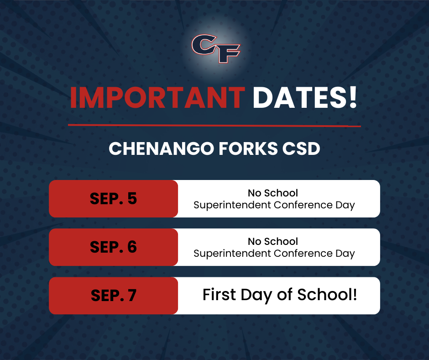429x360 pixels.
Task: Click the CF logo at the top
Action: [x=216, y=48]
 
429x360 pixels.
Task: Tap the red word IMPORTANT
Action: [x=157, y=98]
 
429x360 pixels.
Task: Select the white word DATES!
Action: [x=305, y=98]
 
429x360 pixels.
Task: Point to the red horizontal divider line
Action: [x=214, y=126]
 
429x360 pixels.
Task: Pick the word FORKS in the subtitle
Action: [x=248, y=149]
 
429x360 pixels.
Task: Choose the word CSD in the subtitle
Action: [x=301, y=149]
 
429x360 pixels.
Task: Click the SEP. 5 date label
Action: [x=113, y=199]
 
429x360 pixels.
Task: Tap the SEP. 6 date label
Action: [x=113, y=247]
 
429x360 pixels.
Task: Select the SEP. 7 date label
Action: [x=113, y=296]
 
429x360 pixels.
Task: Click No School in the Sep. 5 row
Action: [x=273, y=193]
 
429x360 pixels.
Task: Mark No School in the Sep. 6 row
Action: [x=273, y=242]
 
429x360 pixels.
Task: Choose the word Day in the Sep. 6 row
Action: [x=345, y=254]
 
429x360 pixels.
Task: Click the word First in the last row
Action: [x=219, y=295]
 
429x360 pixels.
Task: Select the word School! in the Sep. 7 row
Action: [x=327, y=295]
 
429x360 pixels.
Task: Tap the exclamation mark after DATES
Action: [x=353, y=98]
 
